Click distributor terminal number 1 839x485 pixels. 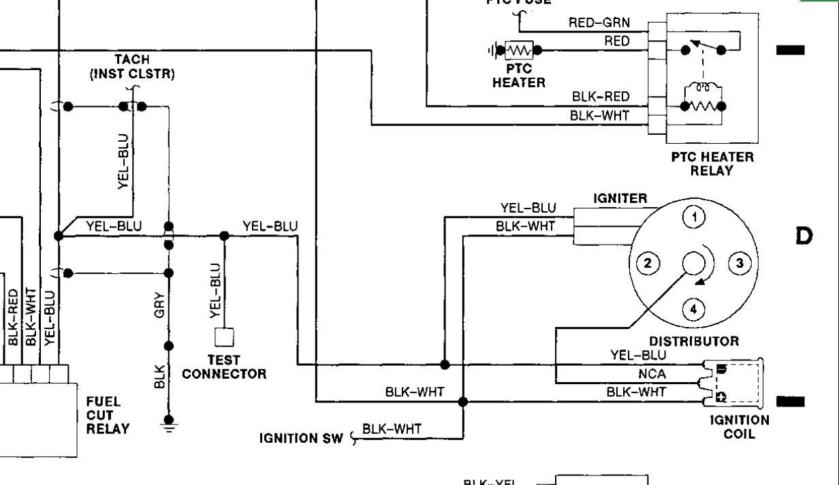click(694, 217)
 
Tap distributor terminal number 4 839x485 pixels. click(694, 310)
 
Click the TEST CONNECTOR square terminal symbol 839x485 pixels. click(224, 337)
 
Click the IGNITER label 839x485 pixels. click(620, 199)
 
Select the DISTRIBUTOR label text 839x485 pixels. click(694, 341)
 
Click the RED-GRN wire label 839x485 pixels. click(599, 22)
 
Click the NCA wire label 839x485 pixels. click(652, 374)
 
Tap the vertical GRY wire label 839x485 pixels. click(159, 308)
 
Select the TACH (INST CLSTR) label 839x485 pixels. click(132, 67)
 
